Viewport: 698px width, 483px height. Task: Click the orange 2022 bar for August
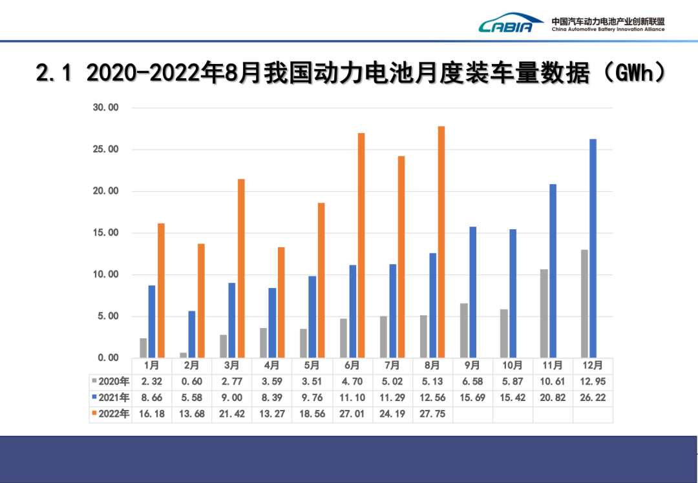[441, 242]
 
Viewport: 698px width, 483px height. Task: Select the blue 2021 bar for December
[593, 249]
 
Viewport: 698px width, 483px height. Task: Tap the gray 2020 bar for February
[184, 355]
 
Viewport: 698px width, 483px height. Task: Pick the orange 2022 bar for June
[361, 245]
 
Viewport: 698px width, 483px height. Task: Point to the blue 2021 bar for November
[553, 271]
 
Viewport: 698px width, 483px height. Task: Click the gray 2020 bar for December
[584, 303]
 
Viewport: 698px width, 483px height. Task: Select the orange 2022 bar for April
[281, 302]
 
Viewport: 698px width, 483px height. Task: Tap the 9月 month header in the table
[472, 365]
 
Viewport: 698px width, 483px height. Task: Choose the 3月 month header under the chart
[232, 365]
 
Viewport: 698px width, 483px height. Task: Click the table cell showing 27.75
[432, 414]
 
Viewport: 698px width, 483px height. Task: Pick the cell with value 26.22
[593, 398]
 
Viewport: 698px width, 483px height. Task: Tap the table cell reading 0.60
[192, 382]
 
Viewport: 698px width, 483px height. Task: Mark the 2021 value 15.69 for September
[472, 398]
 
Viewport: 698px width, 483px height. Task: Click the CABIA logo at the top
[506, 23]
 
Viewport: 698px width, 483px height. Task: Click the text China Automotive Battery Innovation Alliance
[608, 29]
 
